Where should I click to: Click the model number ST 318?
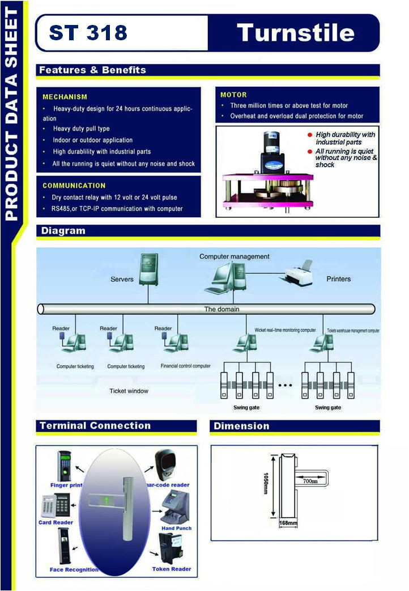click(88, 33)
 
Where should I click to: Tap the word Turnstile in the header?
click(296, 32)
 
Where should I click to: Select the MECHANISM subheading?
click(65, 97)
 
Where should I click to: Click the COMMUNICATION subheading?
click(74, 185)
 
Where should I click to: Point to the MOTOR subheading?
click(233, 95)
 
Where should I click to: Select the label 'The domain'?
click(221, 309)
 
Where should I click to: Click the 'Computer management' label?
click(234, 256)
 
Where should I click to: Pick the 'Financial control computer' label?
click(185, 366)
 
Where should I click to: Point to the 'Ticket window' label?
click(129, 391)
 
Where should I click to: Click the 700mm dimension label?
click(309, 480)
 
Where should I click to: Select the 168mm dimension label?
click(288, 522)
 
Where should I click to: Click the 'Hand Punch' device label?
click(177, 528)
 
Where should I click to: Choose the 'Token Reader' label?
click(172, 569)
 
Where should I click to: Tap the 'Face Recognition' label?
click(74, 569)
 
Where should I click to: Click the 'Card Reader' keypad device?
click(56, 504)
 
